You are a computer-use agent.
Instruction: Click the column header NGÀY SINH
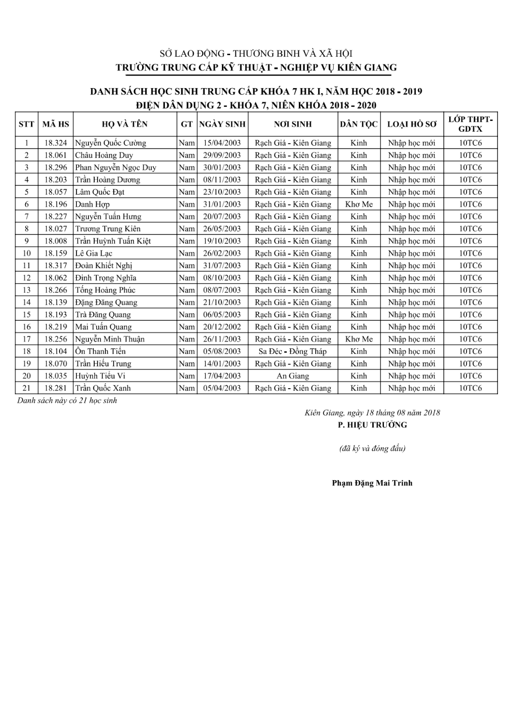(222, 124)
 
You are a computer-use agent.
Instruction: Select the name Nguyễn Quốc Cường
(110, 143)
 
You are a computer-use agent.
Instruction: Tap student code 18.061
(56, 155)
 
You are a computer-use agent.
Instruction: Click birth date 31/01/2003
(222, 204)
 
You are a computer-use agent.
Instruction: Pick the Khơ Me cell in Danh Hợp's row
(359, 204)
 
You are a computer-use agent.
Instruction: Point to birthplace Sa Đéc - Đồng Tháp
(293, 351)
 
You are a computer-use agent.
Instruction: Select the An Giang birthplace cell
(293, 376)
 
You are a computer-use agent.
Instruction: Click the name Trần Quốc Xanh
(102, 388)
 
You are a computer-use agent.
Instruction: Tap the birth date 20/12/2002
(222, 327)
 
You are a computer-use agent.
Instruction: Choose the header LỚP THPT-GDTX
(470, 124)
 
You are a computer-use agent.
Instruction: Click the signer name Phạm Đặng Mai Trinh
(372, 483)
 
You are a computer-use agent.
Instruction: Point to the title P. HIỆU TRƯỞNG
(372, 425)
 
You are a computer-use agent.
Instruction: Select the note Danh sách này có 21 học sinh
(67, 401)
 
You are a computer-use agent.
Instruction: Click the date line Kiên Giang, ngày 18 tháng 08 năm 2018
(372, 413)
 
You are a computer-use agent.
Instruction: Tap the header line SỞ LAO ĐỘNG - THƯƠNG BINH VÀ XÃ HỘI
(256, 54)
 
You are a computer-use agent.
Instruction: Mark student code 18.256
(56, 339)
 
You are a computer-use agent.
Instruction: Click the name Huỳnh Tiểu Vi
(100, 376)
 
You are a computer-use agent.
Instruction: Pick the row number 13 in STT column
(27, 290)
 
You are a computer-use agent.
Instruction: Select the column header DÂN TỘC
(359, 124)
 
